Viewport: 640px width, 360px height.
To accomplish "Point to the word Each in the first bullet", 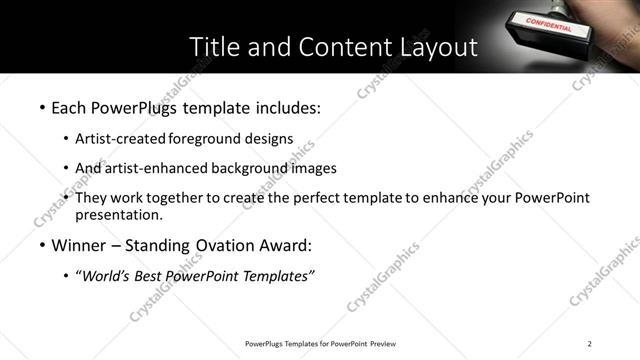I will click(x=68, y=107).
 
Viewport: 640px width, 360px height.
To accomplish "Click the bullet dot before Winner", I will click(x=42, y=246).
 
